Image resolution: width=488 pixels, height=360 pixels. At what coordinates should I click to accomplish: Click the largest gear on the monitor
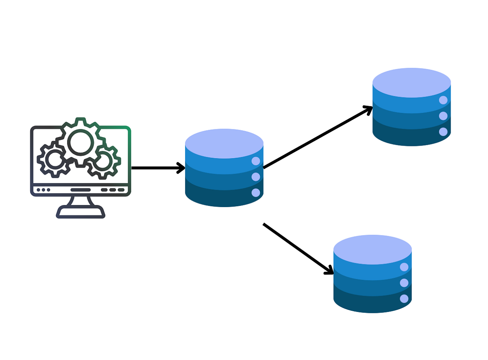[x=80, y=142]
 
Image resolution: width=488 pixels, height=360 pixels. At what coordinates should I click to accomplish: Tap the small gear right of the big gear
[x=103, y=161]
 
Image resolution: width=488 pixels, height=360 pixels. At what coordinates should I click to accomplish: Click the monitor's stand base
[x=81, y=212]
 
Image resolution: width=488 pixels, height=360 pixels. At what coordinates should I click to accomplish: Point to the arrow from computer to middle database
[x=157, y=168]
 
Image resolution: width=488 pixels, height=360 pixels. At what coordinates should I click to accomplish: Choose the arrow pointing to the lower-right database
[x=297, y=248]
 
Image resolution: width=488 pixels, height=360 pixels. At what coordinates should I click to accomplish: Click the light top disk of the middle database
[x=224, y=143]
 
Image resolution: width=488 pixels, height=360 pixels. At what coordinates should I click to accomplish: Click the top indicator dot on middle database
[x=256, y=161]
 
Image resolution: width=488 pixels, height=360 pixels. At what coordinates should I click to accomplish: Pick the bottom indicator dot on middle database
[x=256, y=193]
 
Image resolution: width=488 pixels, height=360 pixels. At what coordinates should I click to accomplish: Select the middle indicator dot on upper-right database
[x=443, y=116]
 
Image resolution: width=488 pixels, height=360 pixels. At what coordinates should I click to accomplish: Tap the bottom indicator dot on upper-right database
[x=443, y=132]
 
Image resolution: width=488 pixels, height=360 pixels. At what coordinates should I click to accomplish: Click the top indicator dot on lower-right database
[x=404, y=267]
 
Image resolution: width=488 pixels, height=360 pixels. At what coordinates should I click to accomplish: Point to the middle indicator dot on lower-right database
[x=404, y=283]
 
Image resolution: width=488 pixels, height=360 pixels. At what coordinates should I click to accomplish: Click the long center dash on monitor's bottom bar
[x=81, y=190]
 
